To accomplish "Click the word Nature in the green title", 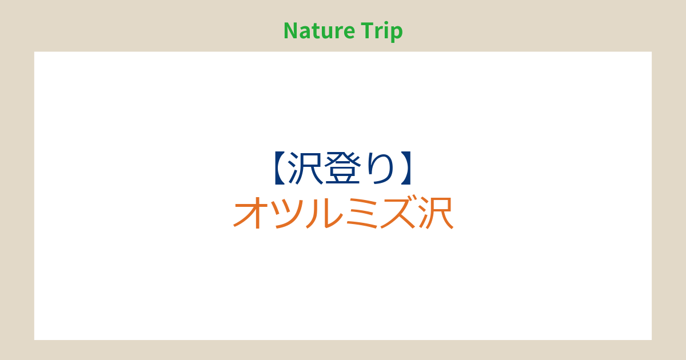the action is (320, 31).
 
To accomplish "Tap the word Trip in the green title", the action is (382, 31).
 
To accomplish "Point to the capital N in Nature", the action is (291, 31).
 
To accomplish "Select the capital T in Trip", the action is (367, 31).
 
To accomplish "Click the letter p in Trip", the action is (397, 34).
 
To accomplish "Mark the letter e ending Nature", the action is (349, 33).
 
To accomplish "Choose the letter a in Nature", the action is (306, 33).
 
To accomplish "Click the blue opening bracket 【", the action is (280, 168).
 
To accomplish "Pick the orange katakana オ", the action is (251, 213).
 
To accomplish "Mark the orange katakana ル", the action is (324, 213).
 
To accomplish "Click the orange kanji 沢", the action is (436, 213).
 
